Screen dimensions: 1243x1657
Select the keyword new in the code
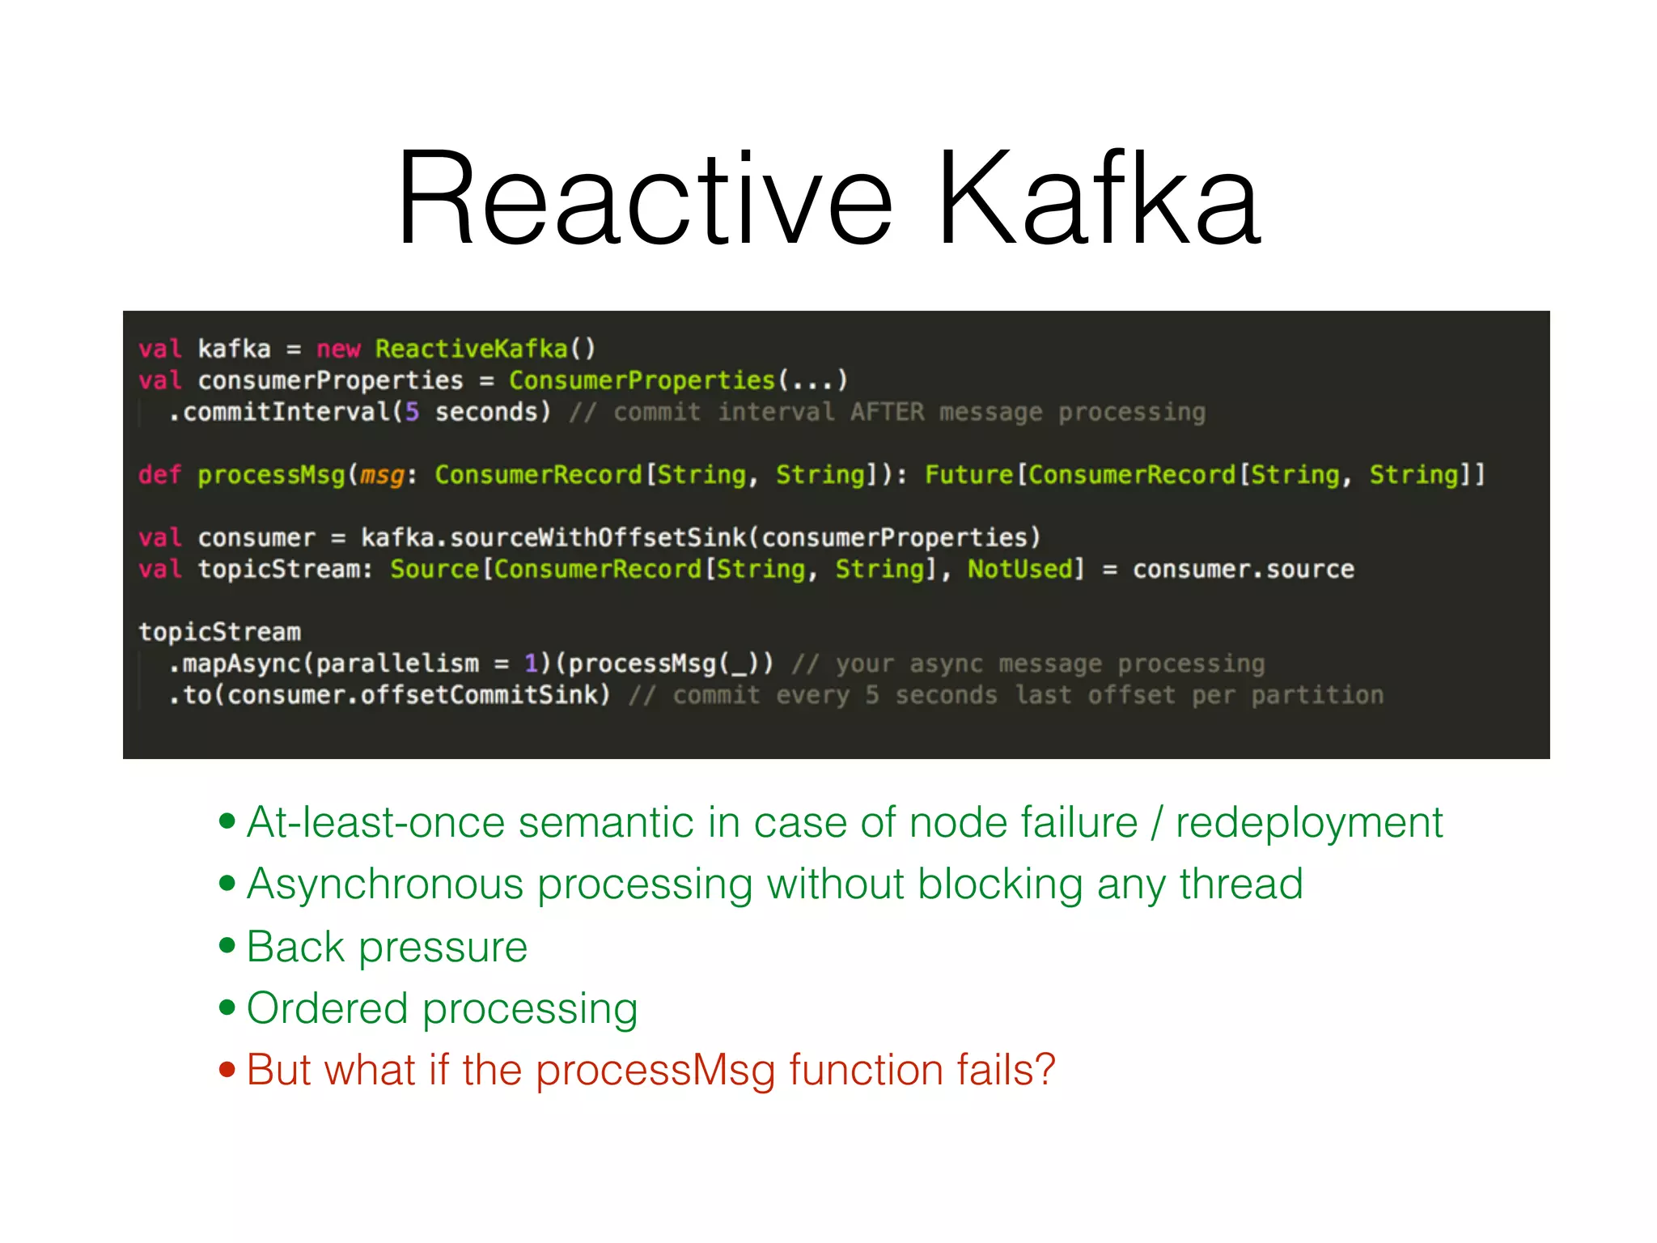point(337,349)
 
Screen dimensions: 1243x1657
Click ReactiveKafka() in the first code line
point(485,349)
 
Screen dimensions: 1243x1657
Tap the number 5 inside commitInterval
point(412,412)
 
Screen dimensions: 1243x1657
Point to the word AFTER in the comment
point(886,412)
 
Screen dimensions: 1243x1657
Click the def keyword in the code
point(159,475)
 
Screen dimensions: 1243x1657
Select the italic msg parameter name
point(381,475)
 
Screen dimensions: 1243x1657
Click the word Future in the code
point(968,475)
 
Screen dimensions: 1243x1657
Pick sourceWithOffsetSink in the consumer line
point(597,537)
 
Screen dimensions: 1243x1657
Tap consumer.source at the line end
point(1243,569)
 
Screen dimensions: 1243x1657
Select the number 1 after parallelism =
point(531,664)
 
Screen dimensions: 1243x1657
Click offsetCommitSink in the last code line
point(484,695)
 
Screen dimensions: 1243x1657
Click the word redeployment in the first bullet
point(1308,823)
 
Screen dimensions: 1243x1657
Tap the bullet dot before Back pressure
point(227,945)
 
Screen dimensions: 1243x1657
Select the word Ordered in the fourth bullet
point(327,1008)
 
